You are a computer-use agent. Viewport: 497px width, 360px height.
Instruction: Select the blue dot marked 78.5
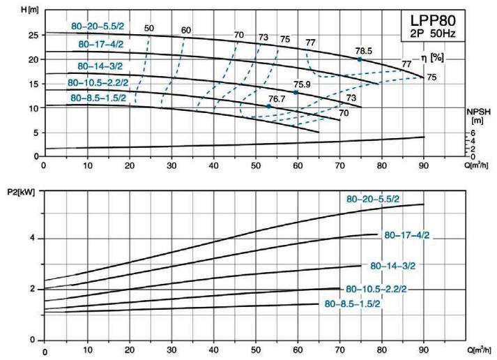tap(360, 59)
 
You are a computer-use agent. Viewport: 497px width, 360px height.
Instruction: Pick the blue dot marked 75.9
tap(296, 92)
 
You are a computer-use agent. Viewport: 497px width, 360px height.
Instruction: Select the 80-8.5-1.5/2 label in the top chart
tap(98, 98)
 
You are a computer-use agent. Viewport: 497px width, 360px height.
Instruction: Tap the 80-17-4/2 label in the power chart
tap(408, 235)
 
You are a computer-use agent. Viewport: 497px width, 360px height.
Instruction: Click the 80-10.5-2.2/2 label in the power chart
tap(376, 289)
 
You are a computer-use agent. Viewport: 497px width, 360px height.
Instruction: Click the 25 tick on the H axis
tap(33, 35)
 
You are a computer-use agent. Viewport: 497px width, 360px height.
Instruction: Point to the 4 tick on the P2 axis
tap(33, 239)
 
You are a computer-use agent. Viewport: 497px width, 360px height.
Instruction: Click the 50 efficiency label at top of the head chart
tap(148, 29)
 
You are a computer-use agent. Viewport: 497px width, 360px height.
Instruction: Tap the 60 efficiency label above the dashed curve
tap(185, 31)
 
